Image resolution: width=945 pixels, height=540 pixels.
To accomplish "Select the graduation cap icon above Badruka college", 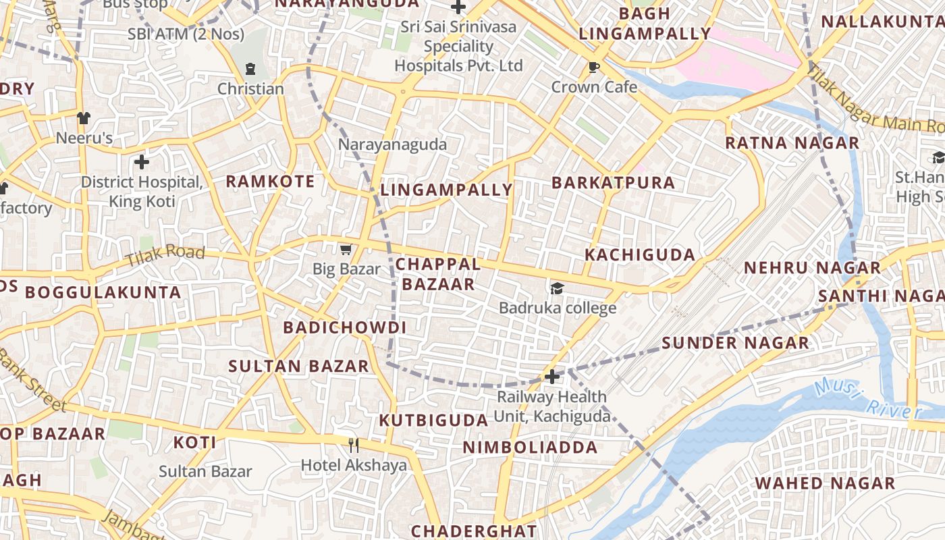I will [557, 289].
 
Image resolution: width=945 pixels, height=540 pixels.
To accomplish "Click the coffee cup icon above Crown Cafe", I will [594, 67].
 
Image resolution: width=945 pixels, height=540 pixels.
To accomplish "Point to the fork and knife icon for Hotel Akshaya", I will [354, 445].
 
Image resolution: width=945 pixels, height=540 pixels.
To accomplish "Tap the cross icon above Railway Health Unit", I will [552, 377].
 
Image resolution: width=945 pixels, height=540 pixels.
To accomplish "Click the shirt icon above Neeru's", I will [84, 118].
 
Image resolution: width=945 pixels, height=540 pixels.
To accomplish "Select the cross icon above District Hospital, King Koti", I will [141, 162].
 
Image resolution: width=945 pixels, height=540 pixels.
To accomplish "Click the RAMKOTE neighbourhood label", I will [270, 182].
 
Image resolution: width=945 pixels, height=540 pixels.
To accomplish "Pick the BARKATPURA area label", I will [613, 183].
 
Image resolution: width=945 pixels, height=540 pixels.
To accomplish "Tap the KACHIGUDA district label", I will [640, 255].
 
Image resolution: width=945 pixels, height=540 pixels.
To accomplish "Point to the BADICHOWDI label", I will [344, 328].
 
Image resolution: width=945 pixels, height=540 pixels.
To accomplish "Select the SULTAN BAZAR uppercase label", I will [299, 367].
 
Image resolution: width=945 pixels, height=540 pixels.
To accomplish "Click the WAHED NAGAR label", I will [825, 483].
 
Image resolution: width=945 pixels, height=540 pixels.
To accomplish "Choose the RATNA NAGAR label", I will [792, 143].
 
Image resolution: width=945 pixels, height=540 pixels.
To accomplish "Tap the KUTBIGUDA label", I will [433, 421].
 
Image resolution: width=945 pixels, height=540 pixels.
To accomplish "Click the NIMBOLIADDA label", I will [530, 448].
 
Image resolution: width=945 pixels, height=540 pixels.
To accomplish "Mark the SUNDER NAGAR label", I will [735, 343].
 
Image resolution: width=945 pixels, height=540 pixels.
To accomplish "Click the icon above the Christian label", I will [250, 69].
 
